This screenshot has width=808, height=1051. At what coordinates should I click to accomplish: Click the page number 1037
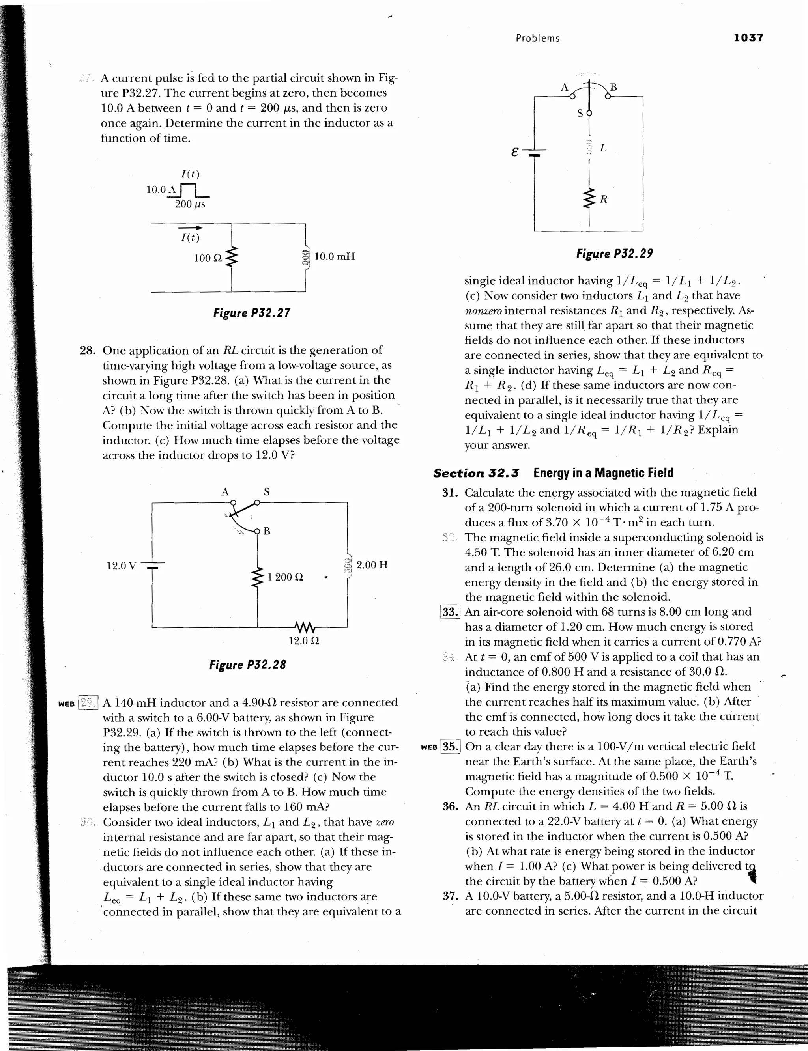coord(748,37)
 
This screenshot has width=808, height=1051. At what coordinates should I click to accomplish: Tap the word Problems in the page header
coord(537,39)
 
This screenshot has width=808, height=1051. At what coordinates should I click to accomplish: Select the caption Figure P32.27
coord(252,313)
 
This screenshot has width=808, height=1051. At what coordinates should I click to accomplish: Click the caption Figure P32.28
coord(247,665)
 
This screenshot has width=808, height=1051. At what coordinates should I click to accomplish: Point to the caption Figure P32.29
coord(614,253)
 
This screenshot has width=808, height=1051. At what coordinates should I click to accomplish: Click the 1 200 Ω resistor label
coord(285,577)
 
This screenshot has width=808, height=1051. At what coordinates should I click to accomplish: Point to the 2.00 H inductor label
coord(372,564)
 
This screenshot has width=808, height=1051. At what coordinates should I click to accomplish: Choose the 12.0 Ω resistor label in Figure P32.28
coord(304,640)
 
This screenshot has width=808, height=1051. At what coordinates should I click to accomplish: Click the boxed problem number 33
coord(451,612)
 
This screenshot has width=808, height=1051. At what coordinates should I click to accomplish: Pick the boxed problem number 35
coord(451,747)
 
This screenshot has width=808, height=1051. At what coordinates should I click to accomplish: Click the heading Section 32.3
coord(476,473)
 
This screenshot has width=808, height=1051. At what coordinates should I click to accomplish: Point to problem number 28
coord(87,350)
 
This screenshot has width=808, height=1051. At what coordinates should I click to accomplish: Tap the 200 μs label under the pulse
coord(190,204)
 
